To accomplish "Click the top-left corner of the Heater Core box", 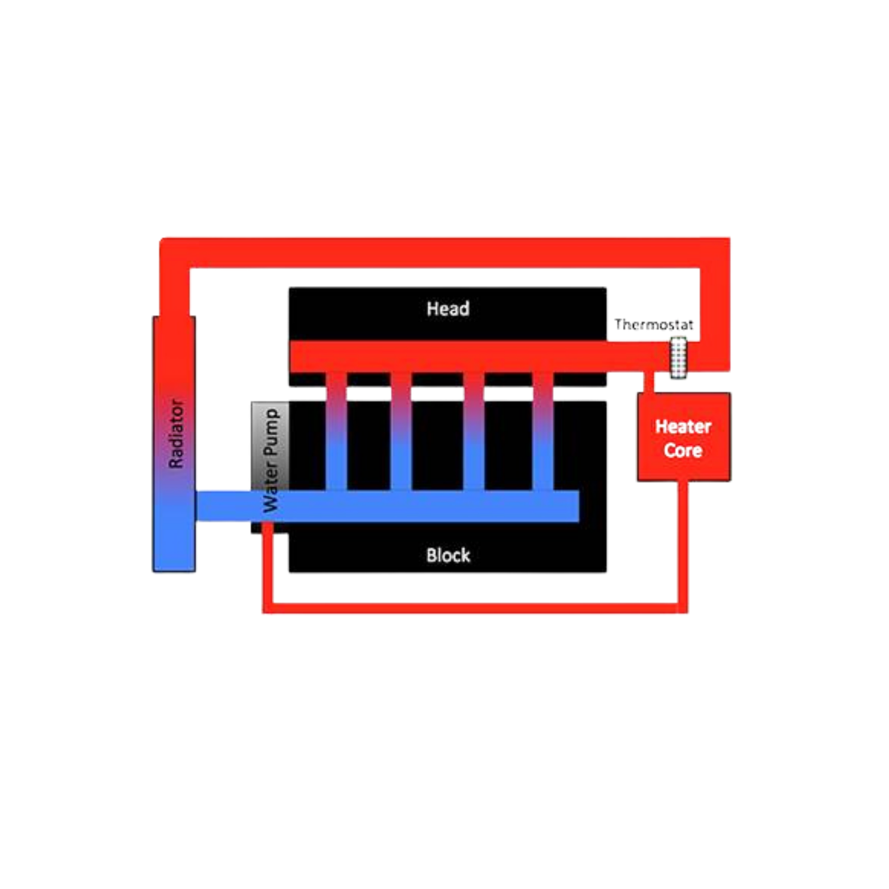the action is click(x=638, y=393).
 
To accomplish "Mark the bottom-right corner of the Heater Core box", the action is click(x=730, y=481).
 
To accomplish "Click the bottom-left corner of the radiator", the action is click(x=154, y=571).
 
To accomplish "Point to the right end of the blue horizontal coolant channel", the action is click(x=579, y=506).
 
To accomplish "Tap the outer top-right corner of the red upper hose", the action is click(x=730, y=238).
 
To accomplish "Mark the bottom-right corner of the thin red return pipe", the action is click(x=688, y=613).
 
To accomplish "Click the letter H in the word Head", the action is click(x=431, y=309).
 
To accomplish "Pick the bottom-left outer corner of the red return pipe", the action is click(x=263, y=613).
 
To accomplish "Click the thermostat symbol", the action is click(x=679, y=357).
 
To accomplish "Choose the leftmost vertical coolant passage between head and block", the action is click(x=336, y=431).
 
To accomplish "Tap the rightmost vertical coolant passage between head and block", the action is click(x=543, y=431).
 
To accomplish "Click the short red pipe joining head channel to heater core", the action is click(x=650, y=382).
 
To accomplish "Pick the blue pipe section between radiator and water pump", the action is click(x=223, y=506).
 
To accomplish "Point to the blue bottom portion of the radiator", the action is click(x=174, y=536).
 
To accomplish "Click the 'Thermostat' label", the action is click(x=654, y=325).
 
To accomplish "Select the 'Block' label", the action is click(x=448, y=555).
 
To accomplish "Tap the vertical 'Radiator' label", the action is click(x=176, y=433).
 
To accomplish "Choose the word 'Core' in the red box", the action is click(x=683, y=450).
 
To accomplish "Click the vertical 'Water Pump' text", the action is click(x=270, y=461).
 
